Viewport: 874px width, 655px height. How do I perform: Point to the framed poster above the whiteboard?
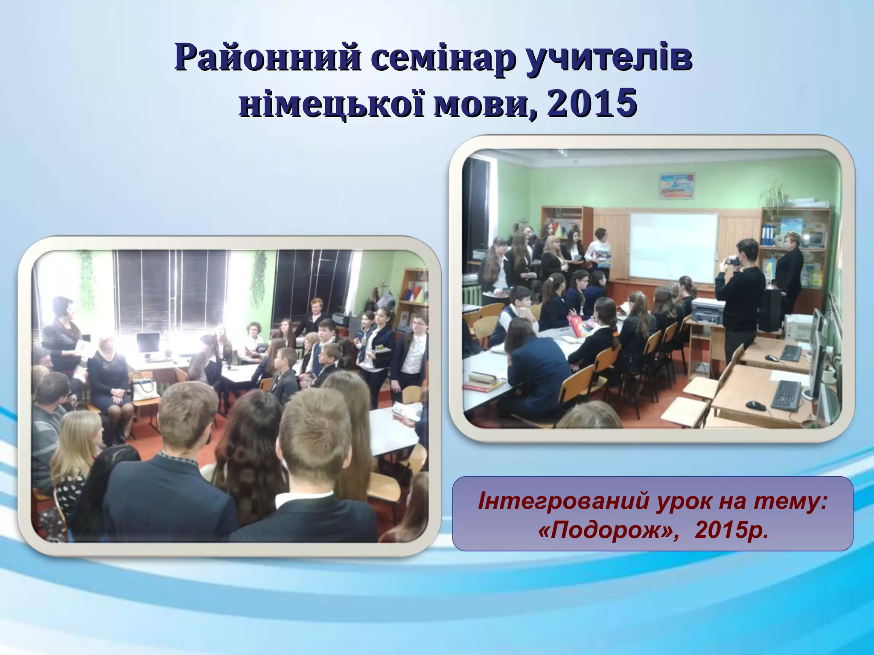coord(677,185)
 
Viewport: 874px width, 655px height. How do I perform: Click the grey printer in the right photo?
coord(707,310)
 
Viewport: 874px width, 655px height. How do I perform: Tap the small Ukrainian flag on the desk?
coord(772,265)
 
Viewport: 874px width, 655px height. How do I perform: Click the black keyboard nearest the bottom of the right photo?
coord(786,395)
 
